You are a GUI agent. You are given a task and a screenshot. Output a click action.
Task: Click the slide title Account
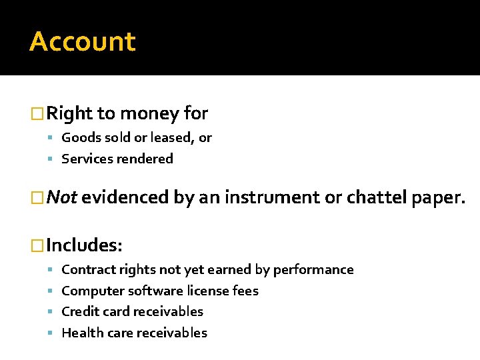[83, 41]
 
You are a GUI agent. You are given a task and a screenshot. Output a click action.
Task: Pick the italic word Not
[63, 197]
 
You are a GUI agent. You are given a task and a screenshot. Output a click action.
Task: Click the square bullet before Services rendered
[52, 159]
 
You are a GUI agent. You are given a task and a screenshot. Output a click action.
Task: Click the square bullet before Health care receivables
[52, 333]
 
